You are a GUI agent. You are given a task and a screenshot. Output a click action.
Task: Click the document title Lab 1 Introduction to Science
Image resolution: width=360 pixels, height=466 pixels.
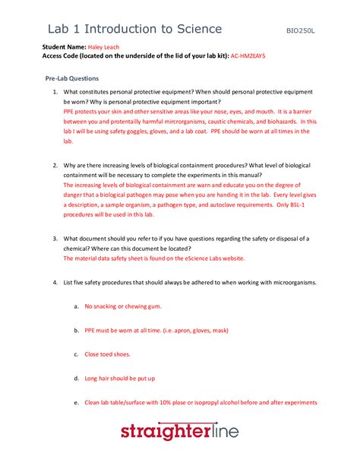[134, 30]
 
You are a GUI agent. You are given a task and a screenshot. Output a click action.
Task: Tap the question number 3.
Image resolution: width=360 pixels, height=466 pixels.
[55, 238]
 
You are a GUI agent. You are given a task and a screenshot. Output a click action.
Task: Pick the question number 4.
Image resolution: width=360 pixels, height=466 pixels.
[55, 282]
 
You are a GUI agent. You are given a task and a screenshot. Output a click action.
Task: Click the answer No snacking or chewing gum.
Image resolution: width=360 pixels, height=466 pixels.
[122, 306]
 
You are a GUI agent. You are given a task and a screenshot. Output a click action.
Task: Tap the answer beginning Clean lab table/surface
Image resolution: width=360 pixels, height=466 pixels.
[201, 402]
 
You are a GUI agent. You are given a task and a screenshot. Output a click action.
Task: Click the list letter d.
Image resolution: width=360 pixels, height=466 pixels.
[76, 378]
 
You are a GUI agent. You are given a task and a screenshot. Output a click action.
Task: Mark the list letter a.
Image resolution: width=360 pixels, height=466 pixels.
[76, 306]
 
